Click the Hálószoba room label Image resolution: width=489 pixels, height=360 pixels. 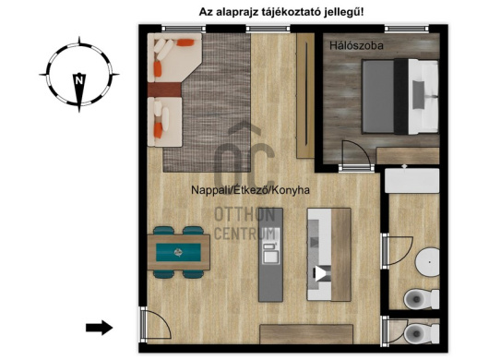click(355, 44)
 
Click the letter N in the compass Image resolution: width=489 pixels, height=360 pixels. click(80, 80)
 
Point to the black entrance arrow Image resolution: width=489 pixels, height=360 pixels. click(99, 327)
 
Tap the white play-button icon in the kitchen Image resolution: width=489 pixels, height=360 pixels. click(321, 273)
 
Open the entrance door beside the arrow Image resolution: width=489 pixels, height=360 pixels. click(153, 324)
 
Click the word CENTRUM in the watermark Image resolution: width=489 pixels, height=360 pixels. click(244, 234)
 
